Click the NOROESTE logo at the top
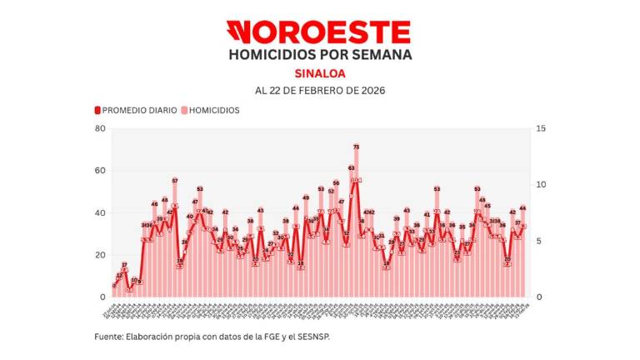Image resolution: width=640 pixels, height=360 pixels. click(319, 32)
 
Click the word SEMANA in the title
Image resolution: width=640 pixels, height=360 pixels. click(380, 55)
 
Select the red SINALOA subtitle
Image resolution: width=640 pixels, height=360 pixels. click(319, 72)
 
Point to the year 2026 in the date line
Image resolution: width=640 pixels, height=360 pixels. click(370, 90)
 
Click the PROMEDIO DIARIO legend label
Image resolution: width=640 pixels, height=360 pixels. click(139, 110)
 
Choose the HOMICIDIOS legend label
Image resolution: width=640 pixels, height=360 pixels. click(212, 110)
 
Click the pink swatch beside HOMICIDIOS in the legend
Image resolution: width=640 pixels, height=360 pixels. click(183, 110)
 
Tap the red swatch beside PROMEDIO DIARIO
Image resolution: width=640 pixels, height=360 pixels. click(97, 110)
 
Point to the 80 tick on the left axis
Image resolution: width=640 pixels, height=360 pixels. click(100, 128)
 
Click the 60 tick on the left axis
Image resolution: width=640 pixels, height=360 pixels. click(100, 171)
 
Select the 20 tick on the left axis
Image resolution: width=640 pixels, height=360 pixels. click(100, 255)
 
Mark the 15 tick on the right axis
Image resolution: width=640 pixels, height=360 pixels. click(542, 128)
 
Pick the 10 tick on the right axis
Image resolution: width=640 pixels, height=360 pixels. click(542, 185)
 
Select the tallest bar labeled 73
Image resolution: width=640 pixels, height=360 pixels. click(357, 225)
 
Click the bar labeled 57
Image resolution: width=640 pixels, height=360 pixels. click(175, 242)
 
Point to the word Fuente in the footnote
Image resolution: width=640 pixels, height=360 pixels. click(107, 337)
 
